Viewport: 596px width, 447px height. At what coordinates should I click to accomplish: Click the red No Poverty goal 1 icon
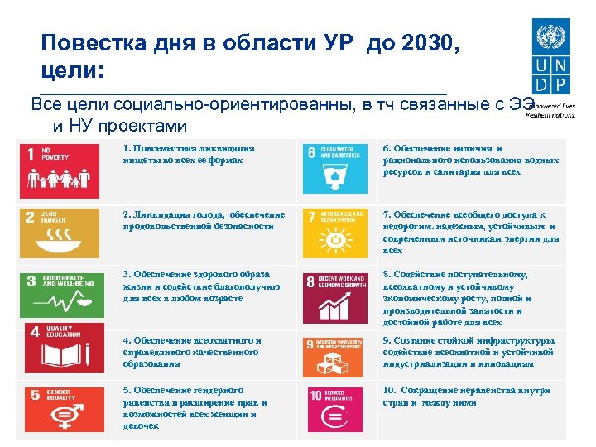pyautogui.click(x=60, y=171)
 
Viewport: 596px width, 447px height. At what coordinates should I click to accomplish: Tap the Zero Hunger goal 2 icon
pyautogui.click(x=60, y=233)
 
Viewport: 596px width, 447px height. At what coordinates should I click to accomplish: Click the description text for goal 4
pyautogui.click(x=191, y=351)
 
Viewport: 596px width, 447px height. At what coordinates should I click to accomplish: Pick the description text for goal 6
pyautogui.click(x=469, y=160)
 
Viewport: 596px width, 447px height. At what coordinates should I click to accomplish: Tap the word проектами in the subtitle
pyautogui.click(x=142, y=126)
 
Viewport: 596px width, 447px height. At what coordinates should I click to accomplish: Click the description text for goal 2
pyautogui.click(x=204, y=221)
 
